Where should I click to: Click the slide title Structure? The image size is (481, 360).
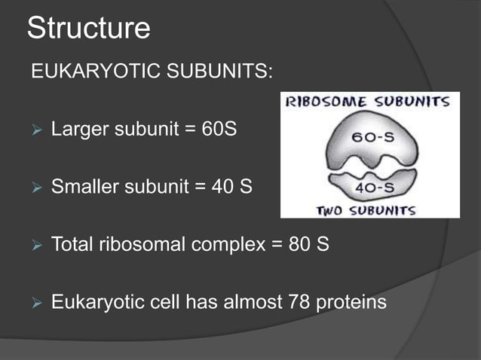tap(88, 29)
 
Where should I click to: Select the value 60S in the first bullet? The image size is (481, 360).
tap(219, 130)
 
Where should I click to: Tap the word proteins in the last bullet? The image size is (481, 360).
tap(353, 303)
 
